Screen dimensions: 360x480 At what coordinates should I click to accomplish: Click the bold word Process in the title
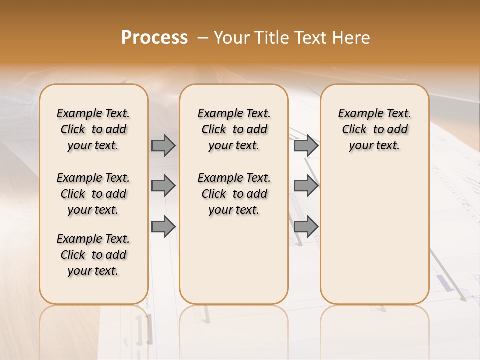(154, 37)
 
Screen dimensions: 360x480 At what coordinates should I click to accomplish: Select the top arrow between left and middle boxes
(163, 145)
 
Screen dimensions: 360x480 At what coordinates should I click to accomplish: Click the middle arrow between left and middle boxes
(163, 186)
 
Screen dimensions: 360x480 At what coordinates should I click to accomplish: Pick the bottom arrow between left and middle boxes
(163, 226)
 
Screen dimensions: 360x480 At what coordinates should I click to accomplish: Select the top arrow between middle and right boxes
(306, 145)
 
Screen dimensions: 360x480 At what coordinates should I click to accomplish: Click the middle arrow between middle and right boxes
(306, 186)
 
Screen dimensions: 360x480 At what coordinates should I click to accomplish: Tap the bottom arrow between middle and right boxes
(306, 226)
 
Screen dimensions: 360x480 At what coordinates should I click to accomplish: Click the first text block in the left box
(93, 129)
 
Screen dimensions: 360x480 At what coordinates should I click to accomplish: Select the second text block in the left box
(93, 194)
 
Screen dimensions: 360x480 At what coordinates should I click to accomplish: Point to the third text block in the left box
(93, 255)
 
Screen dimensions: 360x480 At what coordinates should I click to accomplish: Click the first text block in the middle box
(234, 129)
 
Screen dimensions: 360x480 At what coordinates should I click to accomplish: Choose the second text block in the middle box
(234, 194)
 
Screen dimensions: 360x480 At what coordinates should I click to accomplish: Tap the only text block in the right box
(374, 129)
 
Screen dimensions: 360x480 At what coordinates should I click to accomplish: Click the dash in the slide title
(203, 38)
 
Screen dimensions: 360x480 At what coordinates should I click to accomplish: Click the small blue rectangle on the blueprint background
(443, 283)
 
